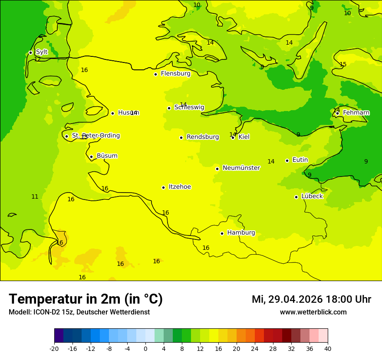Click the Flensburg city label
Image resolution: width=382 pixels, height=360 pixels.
click(x=175, y=74)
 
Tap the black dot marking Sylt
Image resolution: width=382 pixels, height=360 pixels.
click(x=30, y=52)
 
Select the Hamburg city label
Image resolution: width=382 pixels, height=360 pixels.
click(x=241, y=233)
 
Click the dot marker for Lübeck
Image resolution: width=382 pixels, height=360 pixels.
click(x=296, y=197)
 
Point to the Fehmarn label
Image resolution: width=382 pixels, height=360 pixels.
click(x=356, y=113)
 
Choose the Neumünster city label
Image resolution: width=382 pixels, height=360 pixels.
click(x=241, y=168)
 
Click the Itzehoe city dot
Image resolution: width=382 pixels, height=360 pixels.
click(x=163, y=187)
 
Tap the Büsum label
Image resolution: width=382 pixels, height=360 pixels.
click(x=107, y=156)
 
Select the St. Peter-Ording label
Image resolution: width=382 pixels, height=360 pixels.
click(x=95, y=136)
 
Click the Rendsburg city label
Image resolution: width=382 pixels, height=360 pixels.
click(x=202, y=137)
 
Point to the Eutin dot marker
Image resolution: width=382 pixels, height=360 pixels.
click(x=287, y=160)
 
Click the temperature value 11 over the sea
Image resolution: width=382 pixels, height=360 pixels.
click(x=35, y=196)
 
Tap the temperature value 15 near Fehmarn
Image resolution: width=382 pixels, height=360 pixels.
click(x=343, y=64)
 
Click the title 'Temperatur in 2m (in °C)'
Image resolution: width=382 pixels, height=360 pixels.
click(x=86, y=299)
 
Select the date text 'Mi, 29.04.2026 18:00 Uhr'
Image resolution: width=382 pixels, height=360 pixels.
click(x=311, y=299)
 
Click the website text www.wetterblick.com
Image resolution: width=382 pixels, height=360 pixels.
click(x=313, y=312)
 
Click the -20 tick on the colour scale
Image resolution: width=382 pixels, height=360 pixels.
click(x=54, y=348)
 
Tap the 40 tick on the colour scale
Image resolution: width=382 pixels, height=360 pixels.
click(x=328, y=348)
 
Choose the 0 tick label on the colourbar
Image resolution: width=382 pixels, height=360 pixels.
click(x=145, y=348)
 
